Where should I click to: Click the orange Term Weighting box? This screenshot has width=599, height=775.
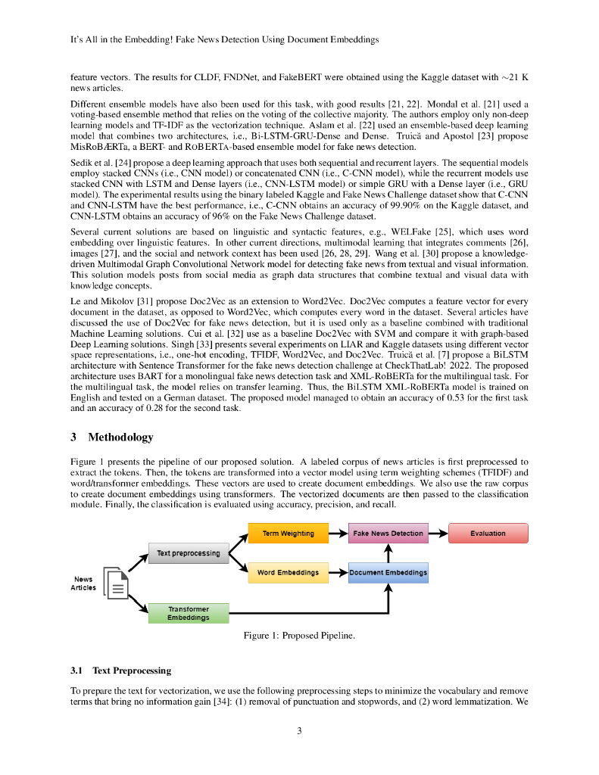click(288, 533)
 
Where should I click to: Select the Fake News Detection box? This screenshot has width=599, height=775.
click(388, 533)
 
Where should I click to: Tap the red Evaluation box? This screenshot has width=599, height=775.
click(488, 533)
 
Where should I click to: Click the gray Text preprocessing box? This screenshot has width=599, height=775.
click(188, 553)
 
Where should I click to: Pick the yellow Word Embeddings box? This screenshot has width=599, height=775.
click(288, 572)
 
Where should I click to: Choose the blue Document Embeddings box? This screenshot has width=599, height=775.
click(388, 572)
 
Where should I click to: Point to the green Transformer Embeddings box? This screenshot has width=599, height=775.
click(188, 612)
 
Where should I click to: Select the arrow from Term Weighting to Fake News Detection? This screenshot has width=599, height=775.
click(338, 533)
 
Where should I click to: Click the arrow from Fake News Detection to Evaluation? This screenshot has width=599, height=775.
click(438, 533)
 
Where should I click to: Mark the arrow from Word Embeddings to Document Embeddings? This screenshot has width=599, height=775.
click(338, 572)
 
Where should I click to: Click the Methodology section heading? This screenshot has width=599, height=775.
click(120, 437)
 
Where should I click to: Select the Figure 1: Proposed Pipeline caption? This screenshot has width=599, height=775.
click(299, 636)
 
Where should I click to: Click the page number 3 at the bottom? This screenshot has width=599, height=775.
click(299, 730)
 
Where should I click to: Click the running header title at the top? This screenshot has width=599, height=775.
click(219, 39)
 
